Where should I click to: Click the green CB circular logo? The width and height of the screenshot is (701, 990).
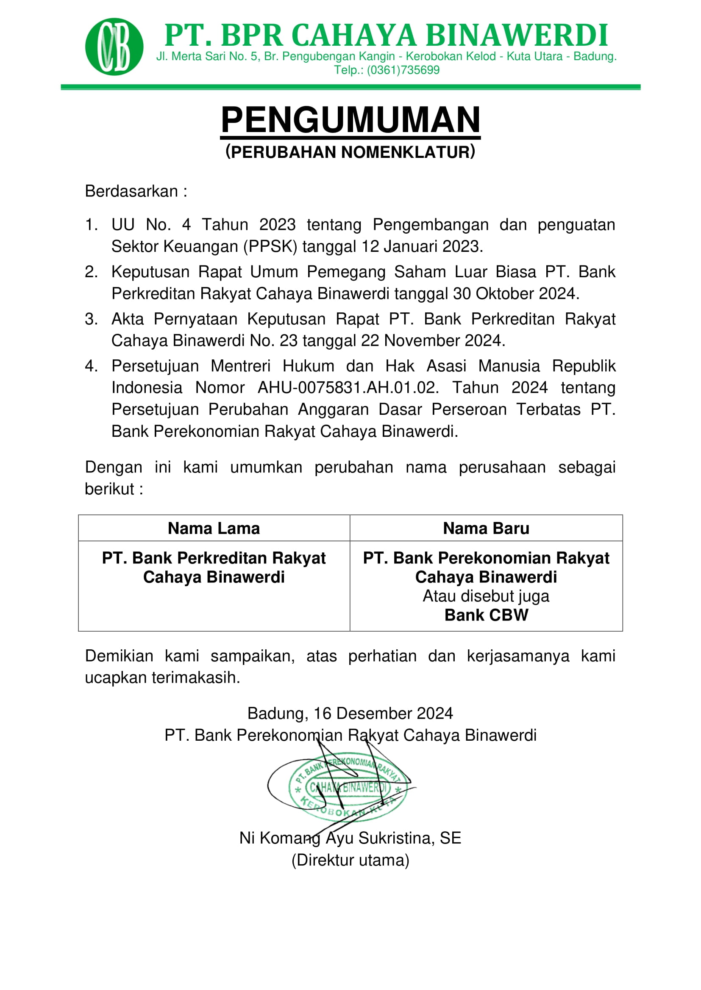(x=114, y=47)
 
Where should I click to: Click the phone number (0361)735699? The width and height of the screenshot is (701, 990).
(x=403, y=70)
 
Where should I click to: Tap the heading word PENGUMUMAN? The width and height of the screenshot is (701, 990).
(x=350, y=120)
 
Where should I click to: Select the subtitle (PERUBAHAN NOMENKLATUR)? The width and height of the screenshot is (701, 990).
(x=350, y=152)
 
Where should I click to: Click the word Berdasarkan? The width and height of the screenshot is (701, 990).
(x=131, y=191)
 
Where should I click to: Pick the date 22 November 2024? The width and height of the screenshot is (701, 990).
(x=432, y=341)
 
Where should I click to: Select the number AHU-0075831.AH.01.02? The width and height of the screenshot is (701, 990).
(x=348, y=388)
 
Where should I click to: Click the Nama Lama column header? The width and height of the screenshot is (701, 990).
(x=214, y=528)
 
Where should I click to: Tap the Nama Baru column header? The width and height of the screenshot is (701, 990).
(x=486, y=528)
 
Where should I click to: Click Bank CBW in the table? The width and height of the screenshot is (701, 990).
(x=486, y=615)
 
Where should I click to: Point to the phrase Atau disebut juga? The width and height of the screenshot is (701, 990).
(x=486, y=596)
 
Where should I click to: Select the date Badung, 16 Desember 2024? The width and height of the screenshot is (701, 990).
(x=350, y=714)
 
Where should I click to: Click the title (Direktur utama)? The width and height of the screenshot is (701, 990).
(x=350, y=860)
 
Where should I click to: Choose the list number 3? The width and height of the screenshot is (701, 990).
(x=90, y=319)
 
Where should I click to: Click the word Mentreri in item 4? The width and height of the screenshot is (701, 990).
(x=240, y=366)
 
